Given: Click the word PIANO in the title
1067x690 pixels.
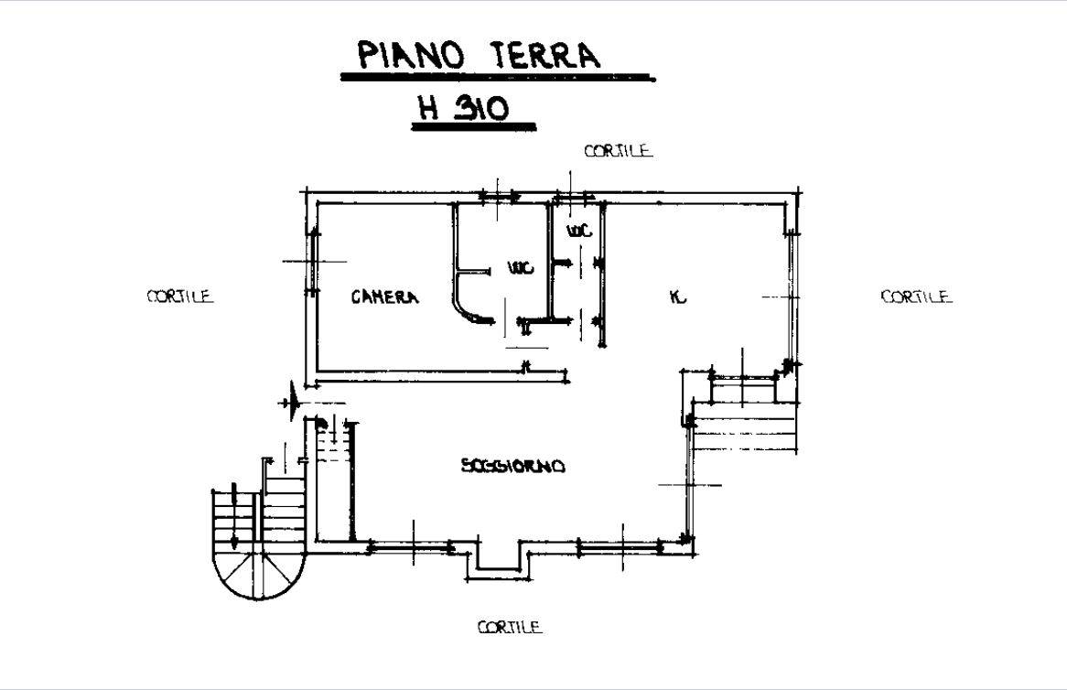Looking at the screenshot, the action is point(410,54).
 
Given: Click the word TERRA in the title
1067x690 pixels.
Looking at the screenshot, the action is point(545,54).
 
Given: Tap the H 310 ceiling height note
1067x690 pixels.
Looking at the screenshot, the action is point(463,107).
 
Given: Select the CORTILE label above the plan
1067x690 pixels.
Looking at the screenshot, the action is point(618,150).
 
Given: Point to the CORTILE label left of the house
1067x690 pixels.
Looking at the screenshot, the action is point(180,296).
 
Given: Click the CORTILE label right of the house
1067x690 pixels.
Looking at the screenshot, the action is point(916,296).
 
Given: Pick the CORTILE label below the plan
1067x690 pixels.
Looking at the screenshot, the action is point(510,627).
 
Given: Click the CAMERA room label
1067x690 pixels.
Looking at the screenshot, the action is point(385,296).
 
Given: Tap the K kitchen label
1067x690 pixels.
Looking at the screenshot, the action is point(678,296).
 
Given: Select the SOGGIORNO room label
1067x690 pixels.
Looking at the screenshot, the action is point(513,466).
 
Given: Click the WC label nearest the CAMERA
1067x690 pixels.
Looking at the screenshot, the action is point(521,268).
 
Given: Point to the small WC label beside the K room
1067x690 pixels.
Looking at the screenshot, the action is point(579,231).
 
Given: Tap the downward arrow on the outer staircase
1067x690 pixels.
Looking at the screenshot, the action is point(234,516).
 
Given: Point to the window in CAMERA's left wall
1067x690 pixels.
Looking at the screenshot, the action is point(312,262).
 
